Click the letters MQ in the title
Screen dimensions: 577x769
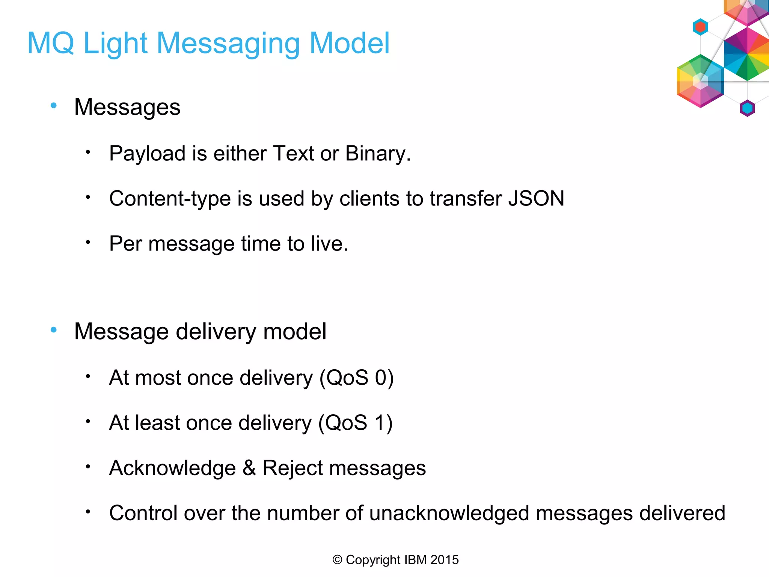pyautogui.click(x=51, y=43)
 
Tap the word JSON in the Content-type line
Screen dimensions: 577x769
pyautogui.click(x=536, y=198)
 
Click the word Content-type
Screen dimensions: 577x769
pyautogui.click(x=170, y=198)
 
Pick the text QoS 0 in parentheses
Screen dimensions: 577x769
pyautogui.click(x=356, y=378)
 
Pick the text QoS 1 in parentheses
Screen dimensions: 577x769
pyautogui.click(x=355, y=423)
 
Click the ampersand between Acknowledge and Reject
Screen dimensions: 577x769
pyautogui.click(x=249, y=468)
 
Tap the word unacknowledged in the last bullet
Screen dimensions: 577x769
pyautogui.click(x=449, y=513)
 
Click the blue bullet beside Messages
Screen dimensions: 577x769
pyautogui.click(x=54, y=106)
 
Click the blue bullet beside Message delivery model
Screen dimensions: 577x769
pyautogui.click(x=54, y=330)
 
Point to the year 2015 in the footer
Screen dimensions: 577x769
pyautogui.click(x=445, y=560)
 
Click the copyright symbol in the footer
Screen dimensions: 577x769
pyautogui.click(x=337, y=560)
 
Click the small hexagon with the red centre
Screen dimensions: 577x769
pyautogui.click(x=700, y=27)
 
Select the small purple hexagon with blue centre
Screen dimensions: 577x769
pyautogui.click(x=747, y=108)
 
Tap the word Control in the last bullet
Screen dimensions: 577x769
pyautogui.click(x=143, y=513)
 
